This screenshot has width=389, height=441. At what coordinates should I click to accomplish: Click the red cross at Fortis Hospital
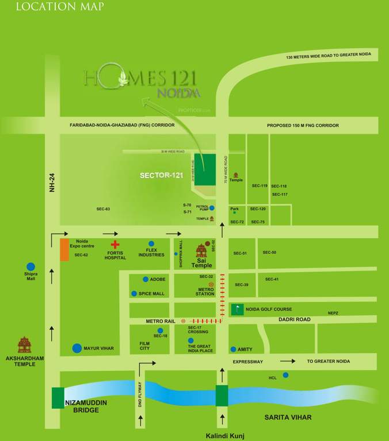[x=115, y=245]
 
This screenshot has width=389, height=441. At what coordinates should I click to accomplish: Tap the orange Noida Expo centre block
[x=63, y=249]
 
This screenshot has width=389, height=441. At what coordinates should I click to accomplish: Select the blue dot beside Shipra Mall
[x=30, y=266]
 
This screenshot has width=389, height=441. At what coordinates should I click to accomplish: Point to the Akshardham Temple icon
[x=24, y=345]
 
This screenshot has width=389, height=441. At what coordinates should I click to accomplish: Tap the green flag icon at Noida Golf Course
[x=237, y=309]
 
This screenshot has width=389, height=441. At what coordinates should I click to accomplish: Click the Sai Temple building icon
[x=201, y=251]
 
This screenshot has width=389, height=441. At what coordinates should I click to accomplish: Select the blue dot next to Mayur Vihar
[x=77, y=348]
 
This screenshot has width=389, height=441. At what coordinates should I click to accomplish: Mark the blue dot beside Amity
[x=233, y=349]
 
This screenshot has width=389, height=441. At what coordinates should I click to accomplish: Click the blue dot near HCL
[x=285, y=375]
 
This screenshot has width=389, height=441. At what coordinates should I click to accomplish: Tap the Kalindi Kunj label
[x=225, y=436]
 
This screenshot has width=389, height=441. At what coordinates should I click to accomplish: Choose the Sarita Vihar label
[x=288, y=417]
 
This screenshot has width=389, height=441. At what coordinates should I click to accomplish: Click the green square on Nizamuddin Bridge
[x=58, y=398]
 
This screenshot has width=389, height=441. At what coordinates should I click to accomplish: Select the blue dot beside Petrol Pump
[x=212, y=208]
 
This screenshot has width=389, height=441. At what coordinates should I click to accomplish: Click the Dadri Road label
[x=295, y=319]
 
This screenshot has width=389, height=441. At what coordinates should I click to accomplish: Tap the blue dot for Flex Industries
[x=151, y=243]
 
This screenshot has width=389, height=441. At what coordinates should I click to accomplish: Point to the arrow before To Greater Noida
[x=288, y=361]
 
